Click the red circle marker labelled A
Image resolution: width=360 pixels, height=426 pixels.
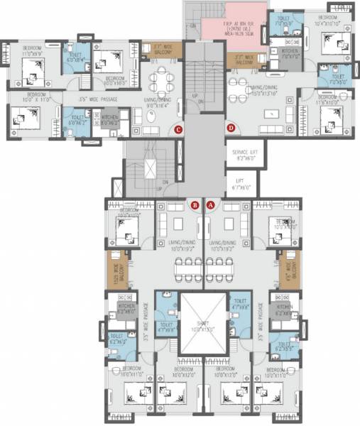click(x=210, y=204)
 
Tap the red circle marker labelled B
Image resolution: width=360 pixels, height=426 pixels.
click(x=195, y=204)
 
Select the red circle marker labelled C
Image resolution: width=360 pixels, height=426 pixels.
click(x=179, y=129)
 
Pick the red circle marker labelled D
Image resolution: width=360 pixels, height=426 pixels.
click(x=231, y=128)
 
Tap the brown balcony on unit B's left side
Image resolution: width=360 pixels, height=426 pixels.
click(x=116, y=268)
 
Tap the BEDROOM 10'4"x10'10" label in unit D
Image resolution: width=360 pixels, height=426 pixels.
click(x=328, y=21)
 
